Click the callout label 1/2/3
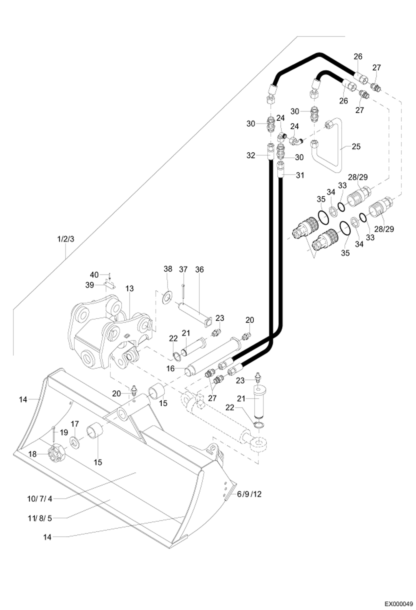coord(66,239)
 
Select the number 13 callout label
coord(129,289)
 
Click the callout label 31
coord(300,175)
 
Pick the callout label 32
coord(250,155)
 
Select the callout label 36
coord(199,269)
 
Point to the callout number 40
coord(94,275)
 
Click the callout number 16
coord(170,369)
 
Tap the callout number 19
coord(64,432)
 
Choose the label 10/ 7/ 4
coord(40,499)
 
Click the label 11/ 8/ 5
coord(40,518)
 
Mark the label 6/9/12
coord(249,494)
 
